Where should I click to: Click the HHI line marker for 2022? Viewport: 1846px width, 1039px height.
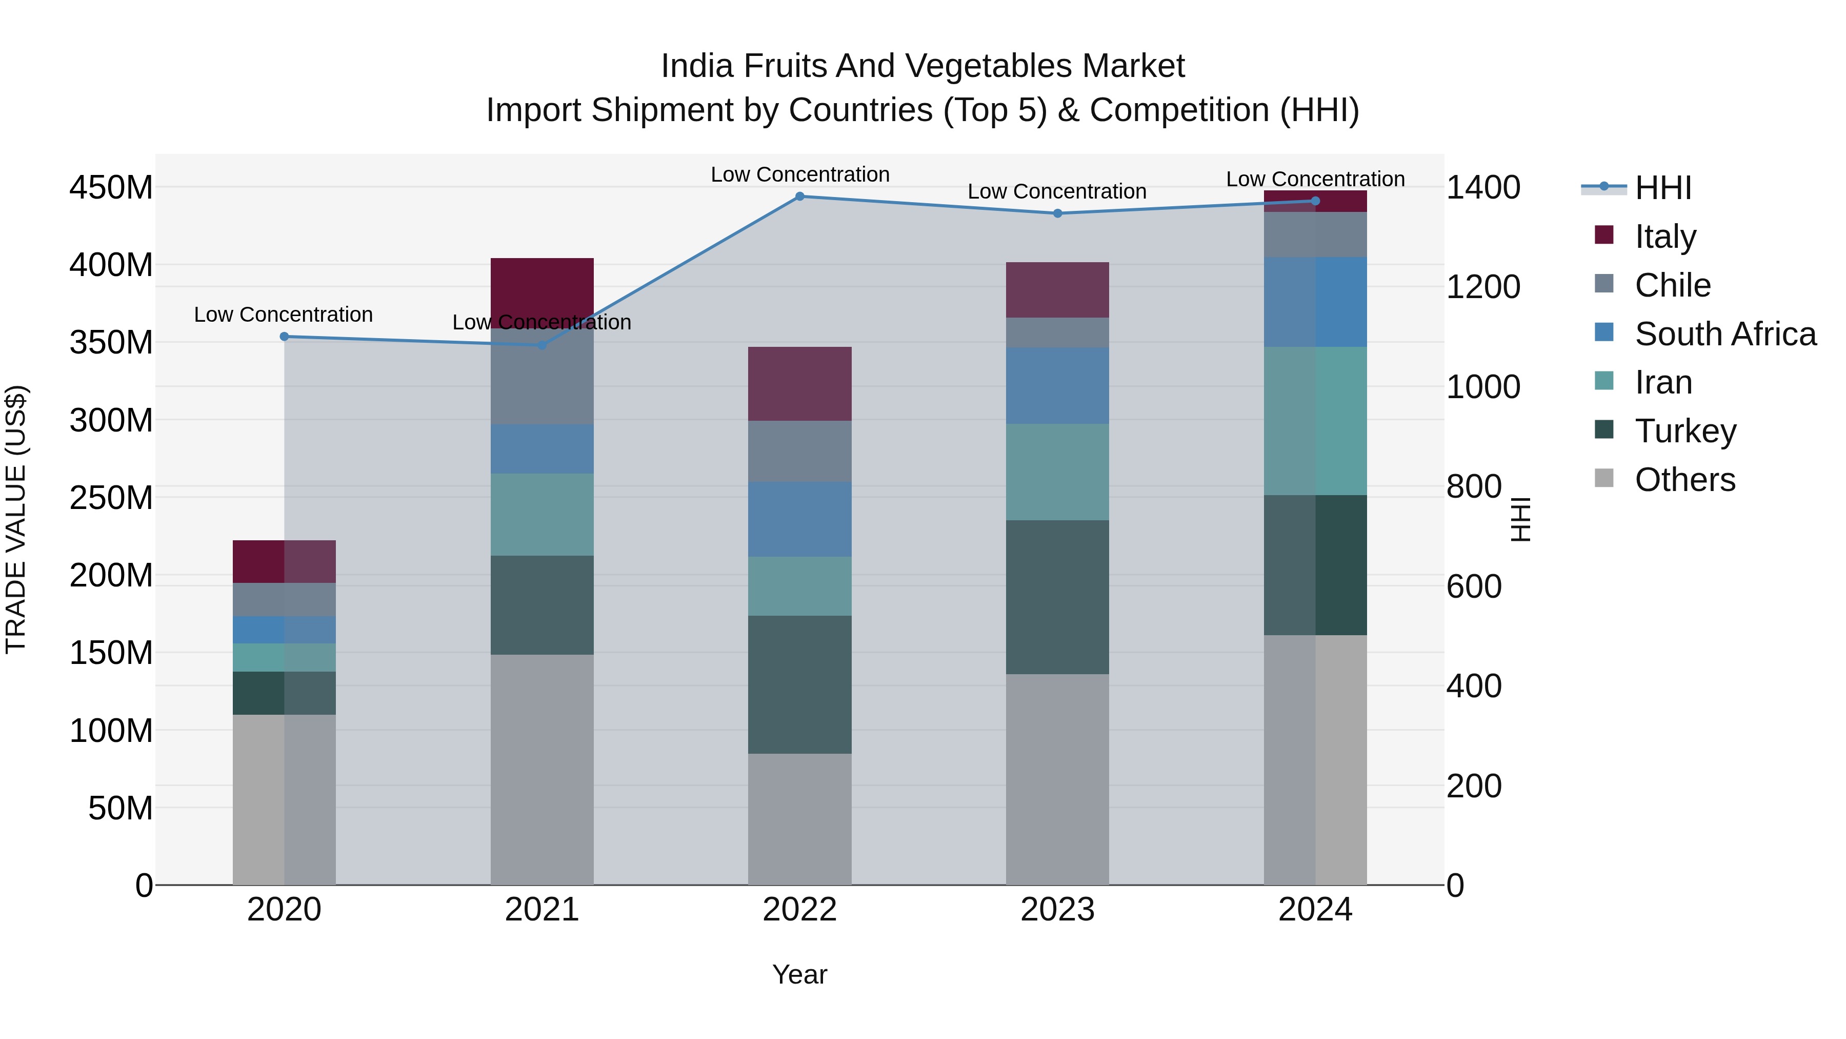[x=800, y=197]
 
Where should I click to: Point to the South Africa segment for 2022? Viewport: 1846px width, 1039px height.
[x=800, y=519]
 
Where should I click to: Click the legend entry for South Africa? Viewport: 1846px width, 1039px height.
[x=1725, y=334]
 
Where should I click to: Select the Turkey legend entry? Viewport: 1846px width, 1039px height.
[x=1685, y=431]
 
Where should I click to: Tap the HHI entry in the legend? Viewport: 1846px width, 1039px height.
[x=1662, y=188]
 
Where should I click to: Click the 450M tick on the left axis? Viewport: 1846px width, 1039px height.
[x=111, y=188]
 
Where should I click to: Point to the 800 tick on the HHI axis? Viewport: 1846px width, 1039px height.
[x=1473, y=487]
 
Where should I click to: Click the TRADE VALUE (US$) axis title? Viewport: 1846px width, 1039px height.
[x=16, y=519]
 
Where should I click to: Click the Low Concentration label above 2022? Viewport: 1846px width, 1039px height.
[x=800, y=175]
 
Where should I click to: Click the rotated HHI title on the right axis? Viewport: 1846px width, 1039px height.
[x=1520, y=519]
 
